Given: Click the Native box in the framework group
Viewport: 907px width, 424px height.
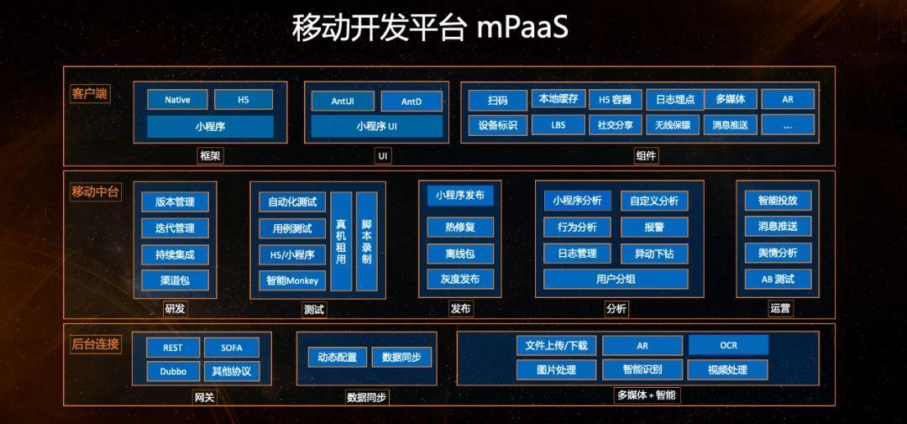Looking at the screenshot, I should [x=177, y=100].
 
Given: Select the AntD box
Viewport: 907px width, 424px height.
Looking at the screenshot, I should [x=411, y=101].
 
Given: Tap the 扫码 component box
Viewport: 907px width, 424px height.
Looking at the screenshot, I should [x=497, y=100].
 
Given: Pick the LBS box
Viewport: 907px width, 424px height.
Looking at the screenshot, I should [x=558, y=125].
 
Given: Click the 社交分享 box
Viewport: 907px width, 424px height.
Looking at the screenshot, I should [x=616, y=125].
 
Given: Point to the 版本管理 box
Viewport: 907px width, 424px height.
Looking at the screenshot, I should [x=175, y=202].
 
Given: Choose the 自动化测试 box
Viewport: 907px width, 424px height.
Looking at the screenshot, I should [x=292, y=202].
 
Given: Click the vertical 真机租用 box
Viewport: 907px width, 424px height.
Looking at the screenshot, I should [x=341, y=241].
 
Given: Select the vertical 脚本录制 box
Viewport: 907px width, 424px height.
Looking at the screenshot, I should [x=366, y=241].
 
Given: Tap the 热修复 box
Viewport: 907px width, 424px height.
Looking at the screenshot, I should [x=459, y=227].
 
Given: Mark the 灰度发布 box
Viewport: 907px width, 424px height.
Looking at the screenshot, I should [x=459, y=279].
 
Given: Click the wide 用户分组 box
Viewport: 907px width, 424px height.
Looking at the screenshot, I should [x=616, y=279].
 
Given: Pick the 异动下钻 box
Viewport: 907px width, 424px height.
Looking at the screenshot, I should [x=654, y=253].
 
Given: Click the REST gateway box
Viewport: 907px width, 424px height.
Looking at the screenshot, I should [x=173, y=348].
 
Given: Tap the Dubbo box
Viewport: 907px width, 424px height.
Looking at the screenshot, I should [x=173, y=371].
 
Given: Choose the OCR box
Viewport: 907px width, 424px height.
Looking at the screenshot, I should [x=728, y=345].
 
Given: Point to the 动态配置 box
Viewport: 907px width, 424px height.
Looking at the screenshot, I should [x=332, y=357].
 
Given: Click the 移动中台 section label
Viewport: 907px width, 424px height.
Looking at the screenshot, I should [x=95, y=191].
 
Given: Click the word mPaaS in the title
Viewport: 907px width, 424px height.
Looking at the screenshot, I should [x=522, y=28].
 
